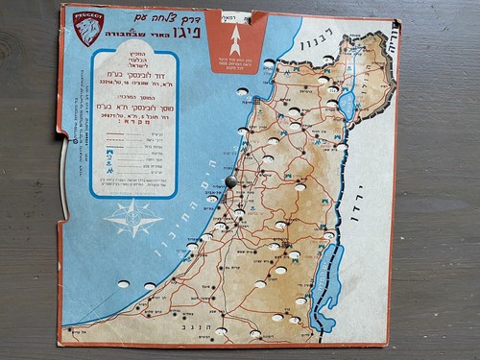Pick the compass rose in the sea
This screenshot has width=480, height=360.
pos(133,218)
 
